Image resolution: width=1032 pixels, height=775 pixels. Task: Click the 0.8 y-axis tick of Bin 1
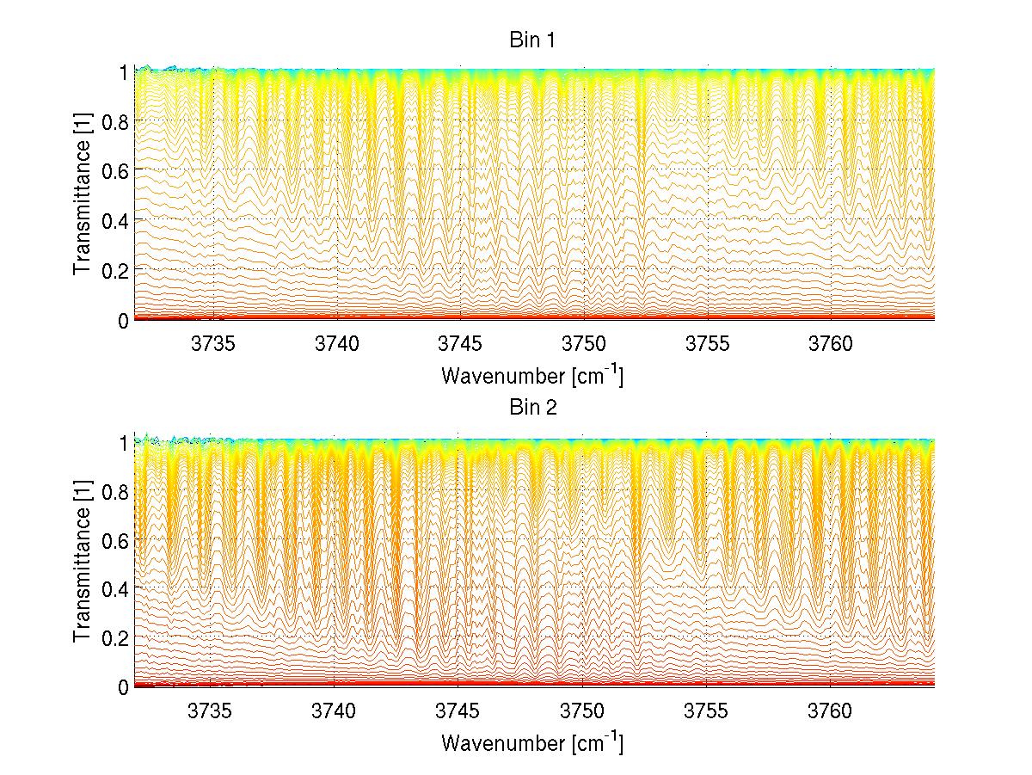pyautogui.click(x=114, y=120)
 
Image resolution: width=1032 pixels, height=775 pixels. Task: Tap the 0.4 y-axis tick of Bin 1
pyautogui.click(x=114, y=220)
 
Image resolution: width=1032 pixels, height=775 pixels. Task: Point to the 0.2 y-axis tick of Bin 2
pyautogui.click(x=114, y=637)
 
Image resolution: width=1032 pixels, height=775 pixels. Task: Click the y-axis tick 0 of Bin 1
pyautogui.click(x=123, y=320)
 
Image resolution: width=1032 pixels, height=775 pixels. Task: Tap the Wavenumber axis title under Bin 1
pyautogui.click(x=532, y=376)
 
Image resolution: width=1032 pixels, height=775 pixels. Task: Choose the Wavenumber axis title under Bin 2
pyautogui.click(x=532, y=742)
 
